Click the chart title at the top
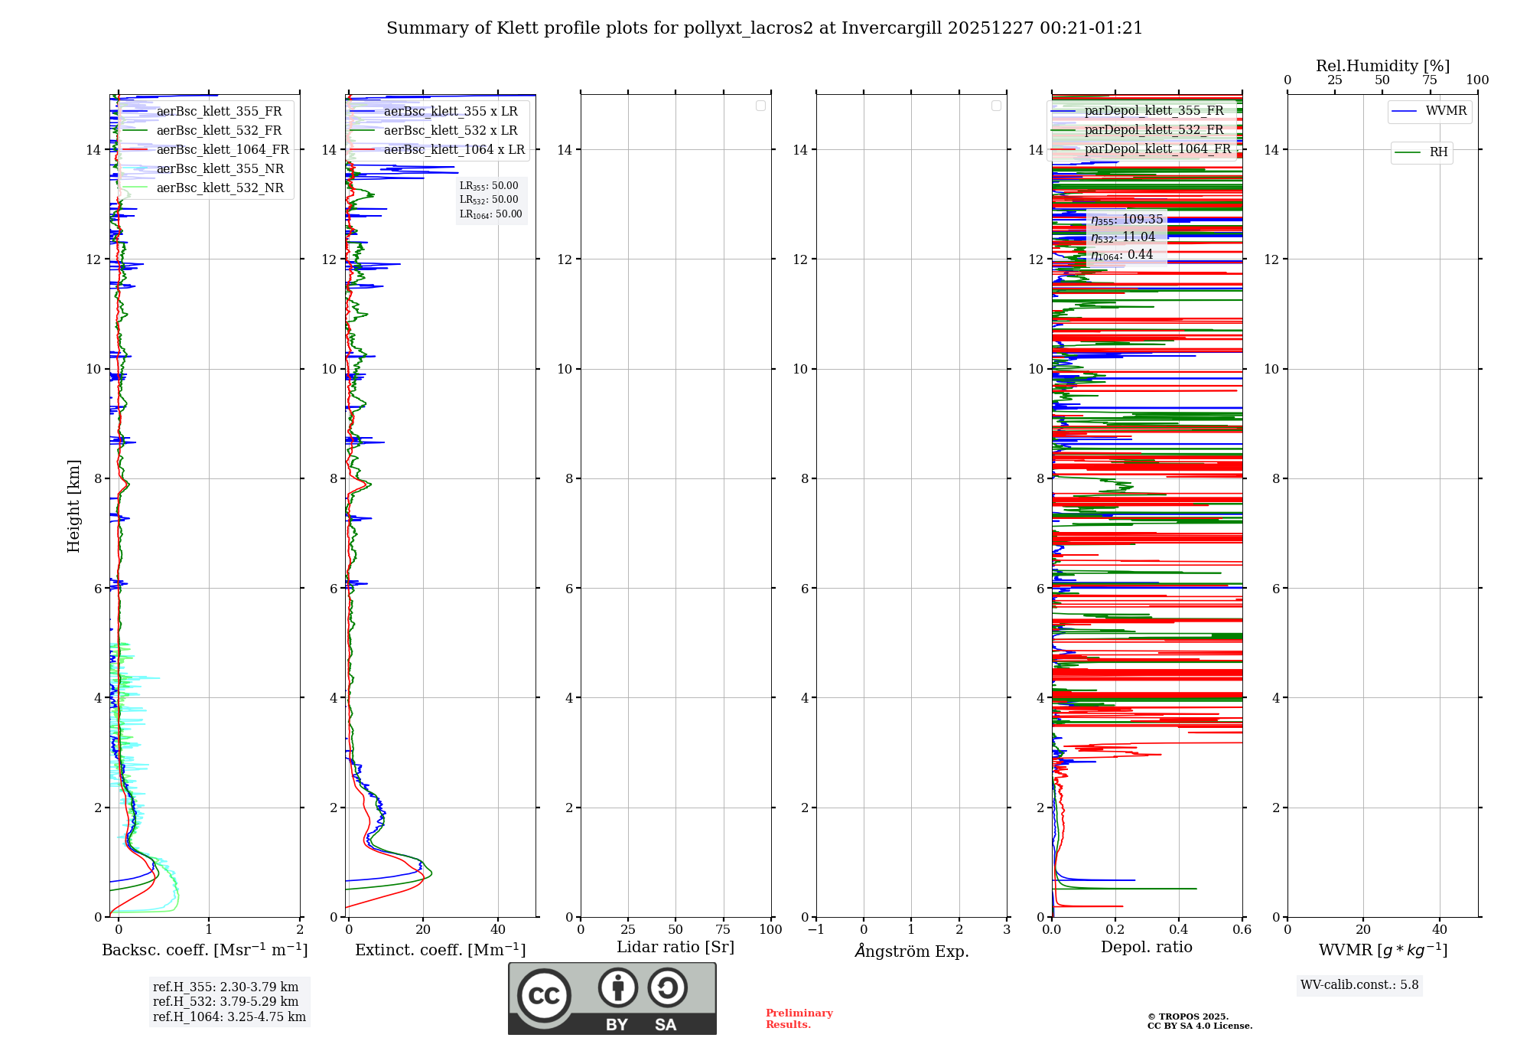[764, 28]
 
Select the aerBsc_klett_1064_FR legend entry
[223, 150]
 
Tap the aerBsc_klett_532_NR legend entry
[220, 188]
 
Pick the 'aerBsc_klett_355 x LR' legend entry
[451, 112]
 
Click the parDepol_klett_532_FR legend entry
[1154, 130]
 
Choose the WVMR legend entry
[1446, 111]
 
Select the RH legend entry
[1438, 152]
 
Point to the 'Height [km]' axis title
[73, 506]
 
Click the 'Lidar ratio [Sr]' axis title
[675, 947]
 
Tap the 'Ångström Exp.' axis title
[912, 951]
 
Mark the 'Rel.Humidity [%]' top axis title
[1382, 66]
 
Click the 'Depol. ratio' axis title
[1146, 947]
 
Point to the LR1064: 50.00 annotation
[491, 214]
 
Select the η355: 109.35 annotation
[1127, 220]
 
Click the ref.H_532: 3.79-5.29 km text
[226, 1001]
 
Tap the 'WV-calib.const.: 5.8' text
[1359, 985]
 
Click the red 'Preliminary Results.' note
[799, 1019]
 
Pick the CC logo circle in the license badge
[544, 995]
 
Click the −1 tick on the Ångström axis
[815, 930]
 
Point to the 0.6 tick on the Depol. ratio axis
[1242, 930]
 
